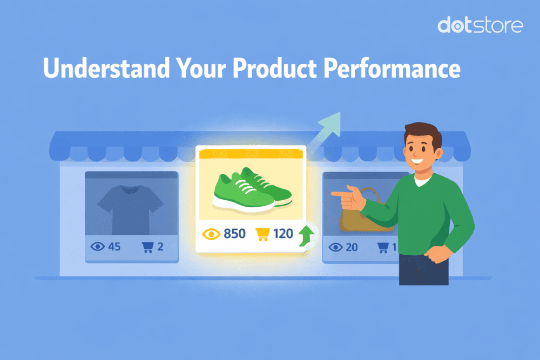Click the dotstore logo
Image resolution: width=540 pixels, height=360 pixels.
tap(480, 25)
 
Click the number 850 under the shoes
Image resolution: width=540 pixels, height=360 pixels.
tap(234, 234)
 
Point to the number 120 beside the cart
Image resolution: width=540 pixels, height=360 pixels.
tap(282, 234)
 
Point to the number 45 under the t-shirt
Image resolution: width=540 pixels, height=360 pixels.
tap(114, 247)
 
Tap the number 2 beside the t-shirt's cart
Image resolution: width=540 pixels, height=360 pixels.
tap(160, 247)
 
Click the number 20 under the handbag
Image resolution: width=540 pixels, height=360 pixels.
tap(352, 247)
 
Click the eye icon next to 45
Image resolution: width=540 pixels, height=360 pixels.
tap(98, 247)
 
